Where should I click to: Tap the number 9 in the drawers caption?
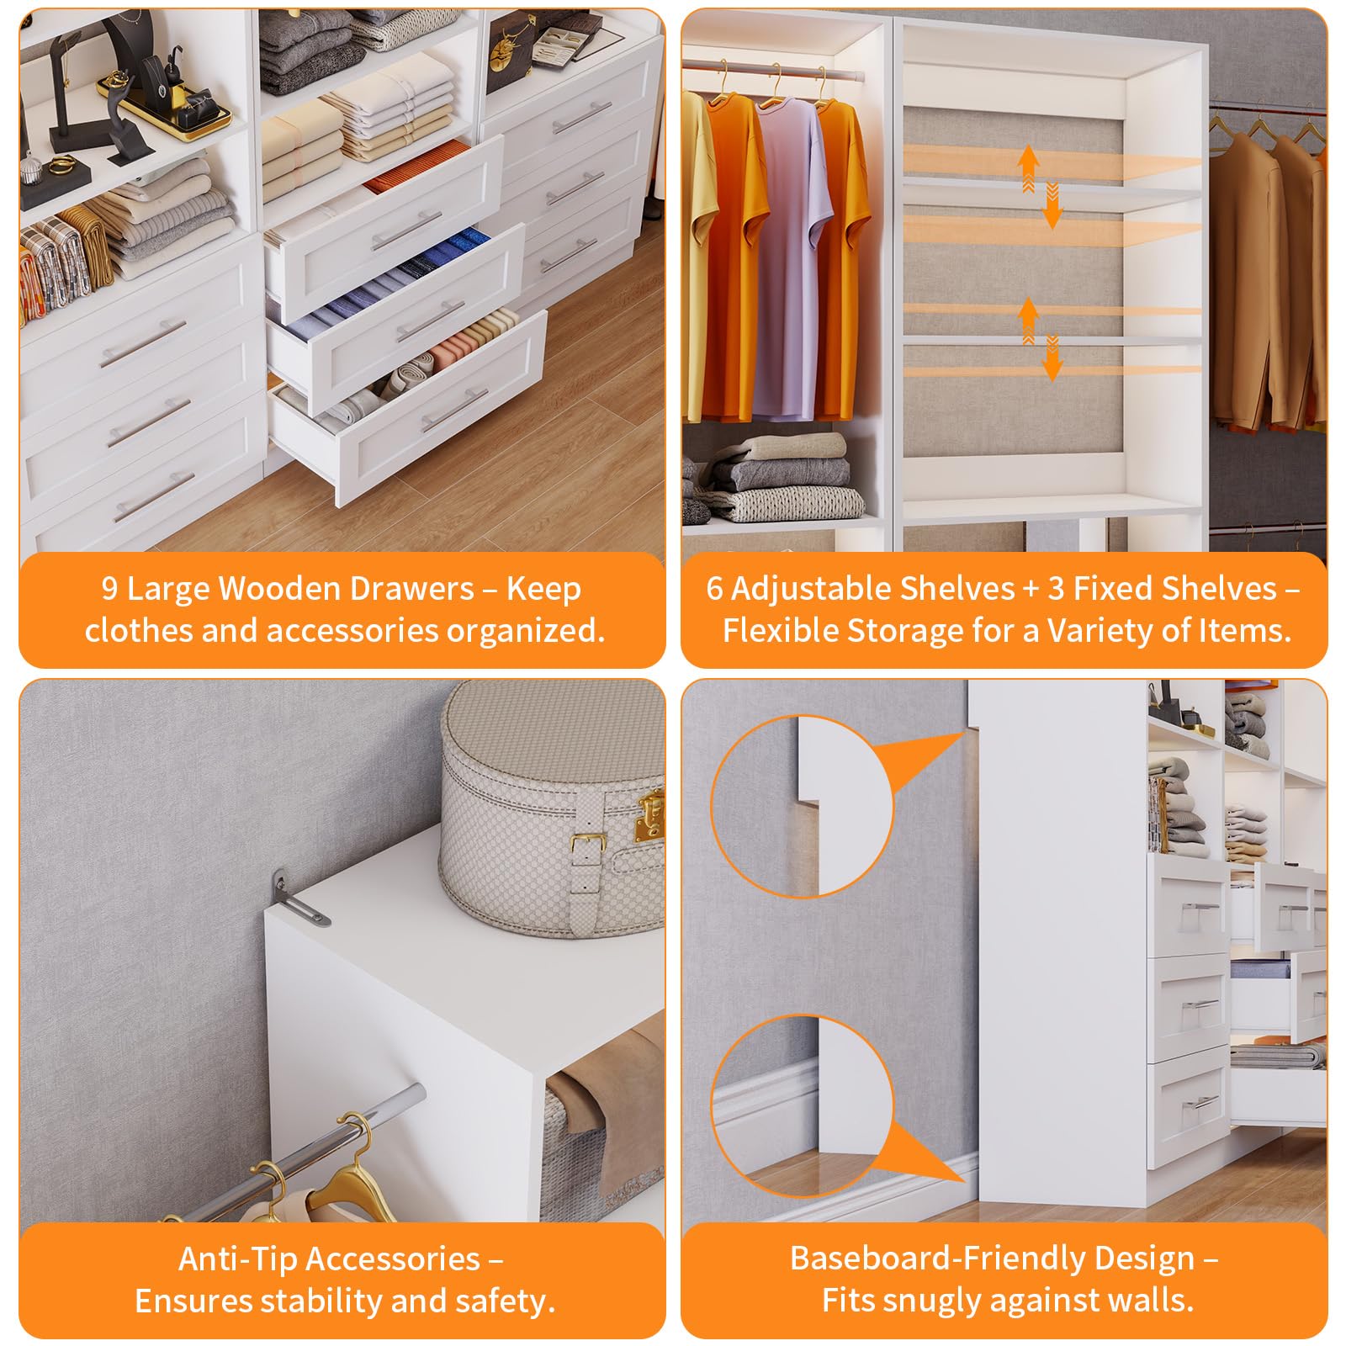click(x=109, y=588)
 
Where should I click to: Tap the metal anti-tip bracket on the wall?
click(x=296, y=899)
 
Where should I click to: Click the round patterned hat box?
click(x=552, y=808)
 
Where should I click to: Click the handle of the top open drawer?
click(x=407, y=230)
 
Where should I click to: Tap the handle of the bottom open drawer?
click(x=454, y=411)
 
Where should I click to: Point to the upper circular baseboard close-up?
click(x=802, y=806)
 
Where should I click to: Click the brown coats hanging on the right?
click(x=1267, y=278)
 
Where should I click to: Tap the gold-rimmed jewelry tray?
click(x=165, y=104)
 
